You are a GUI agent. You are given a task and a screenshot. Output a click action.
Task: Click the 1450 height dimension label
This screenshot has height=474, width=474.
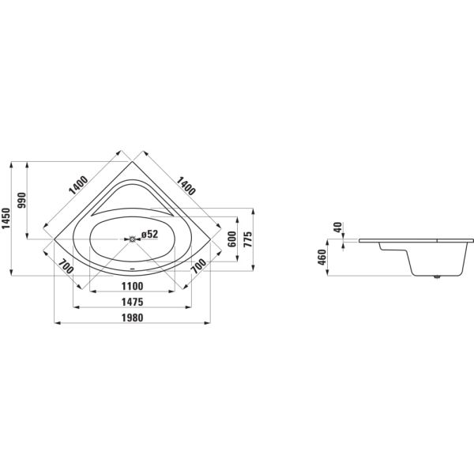pos(6,219)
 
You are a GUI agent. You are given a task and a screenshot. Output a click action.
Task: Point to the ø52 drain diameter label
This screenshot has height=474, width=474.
pos(149,234)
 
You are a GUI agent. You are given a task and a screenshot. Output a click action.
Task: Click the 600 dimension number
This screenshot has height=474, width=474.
pos(232,239)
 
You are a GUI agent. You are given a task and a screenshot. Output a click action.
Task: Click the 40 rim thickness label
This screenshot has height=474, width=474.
pos(337,228)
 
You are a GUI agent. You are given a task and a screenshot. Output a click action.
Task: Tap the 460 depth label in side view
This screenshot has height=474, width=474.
pos(322,258)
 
